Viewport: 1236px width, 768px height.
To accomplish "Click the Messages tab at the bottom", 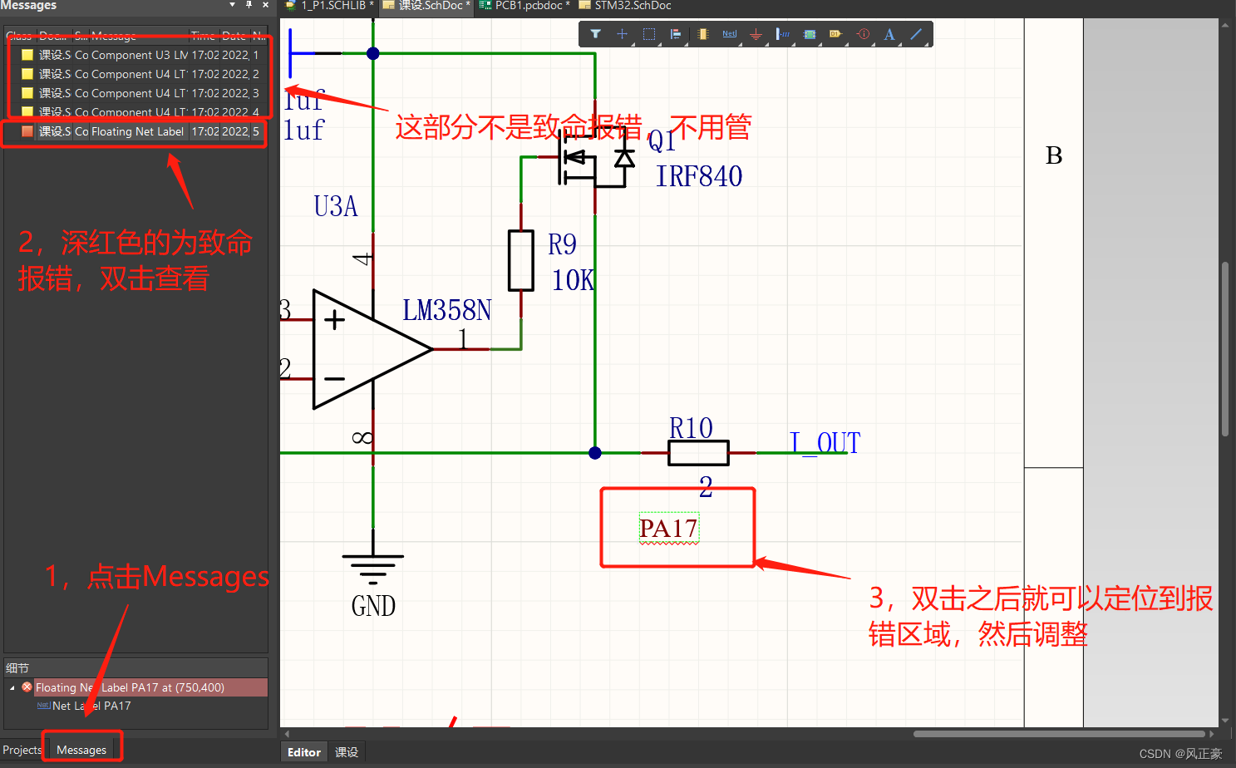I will coord(81,750).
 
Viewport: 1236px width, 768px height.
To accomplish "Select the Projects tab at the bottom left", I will coord(22,750).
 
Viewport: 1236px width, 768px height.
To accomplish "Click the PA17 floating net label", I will coord(668,529).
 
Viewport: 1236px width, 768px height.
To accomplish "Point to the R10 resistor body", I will coord(698,453).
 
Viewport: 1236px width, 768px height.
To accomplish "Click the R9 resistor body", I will coord(521,261).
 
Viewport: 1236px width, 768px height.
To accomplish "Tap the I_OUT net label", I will coord(824,442).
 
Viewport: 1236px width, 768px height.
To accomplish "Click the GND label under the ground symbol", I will coord(373,606).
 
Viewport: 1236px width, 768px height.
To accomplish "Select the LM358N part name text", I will coord(446,310).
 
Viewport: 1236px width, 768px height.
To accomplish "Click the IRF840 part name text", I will coord(698,176).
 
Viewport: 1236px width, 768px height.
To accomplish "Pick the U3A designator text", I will coord(336,206).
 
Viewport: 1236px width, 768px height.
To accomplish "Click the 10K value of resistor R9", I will coord(573,280).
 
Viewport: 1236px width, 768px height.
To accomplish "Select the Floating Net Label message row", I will coord(137,131).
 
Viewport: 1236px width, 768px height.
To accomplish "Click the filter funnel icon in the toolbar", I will coord(595,34).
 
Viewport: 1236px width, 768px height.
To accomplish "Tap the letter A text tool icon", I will coord(889,34).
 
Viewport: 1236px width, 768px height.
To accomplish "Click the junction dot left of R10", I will coord(595,453).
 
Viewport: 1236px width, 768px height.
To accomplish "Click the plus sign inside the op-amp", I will coord(334,320).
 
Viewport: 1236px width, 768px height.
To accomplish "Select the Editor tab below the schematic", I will coord(303,752).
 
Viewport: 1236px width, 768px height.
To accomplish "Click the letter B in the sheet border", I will coord(1053,155).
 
